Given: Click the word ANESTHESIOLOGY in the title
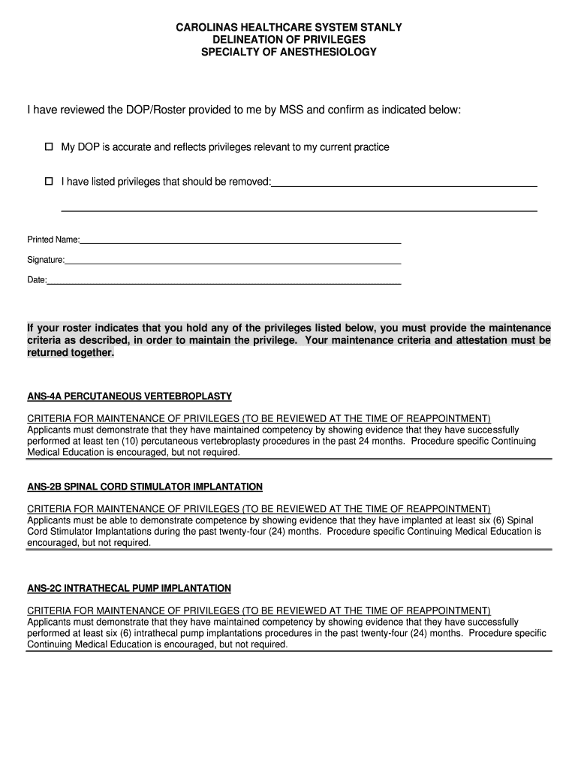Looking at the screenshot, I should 335,53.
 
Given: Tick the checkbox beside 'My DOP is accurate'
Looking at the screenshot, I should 50,146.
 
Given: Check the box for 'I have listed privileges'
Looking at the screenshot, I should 50,181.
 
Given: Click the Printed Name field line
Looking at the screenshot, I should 240,243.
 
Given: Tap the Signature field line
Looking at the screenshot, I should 233,263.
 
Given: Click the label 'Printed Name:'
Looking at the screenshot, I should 53,240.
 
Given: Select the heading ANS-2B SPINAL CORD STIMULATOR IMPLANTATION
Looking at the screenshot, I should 145,487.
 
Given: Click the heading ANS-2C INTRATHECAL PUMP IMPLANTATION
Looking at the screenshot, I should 129,588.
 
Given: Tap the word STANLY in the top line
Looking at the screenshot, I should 383,27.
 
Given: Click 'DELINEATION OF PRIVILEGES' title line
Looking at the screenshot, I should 289,40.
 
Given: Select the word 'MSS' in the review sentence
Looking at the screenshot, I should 292,110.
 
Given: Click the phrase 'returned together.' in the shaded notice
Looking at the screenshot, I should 71,352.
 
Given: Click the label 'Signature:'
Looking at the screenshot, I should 46,260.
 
